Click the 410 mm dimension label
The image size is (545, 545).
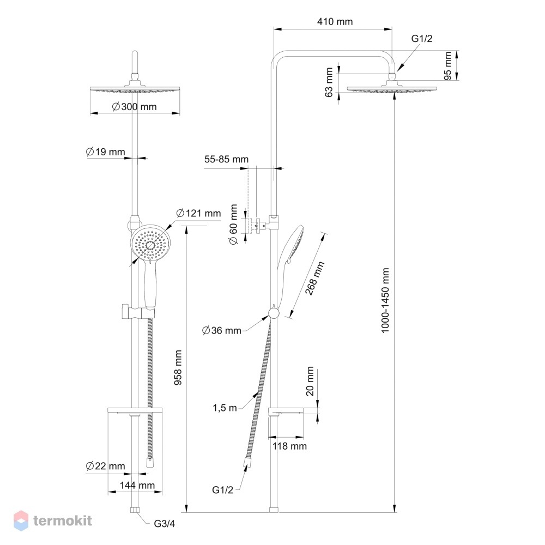(x=335, y=22)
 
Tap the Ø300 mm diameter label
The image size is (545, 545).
(x=135, y=106)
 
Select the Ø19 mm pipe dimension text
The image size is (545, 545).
(x=105, y=152)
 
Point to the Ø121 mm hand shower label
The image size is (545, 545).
(x=198, y=213)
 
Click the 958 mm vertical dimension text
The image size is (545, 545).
(x=178, y=367)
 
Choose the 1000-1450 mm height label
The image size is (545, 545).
(x=385, y=300)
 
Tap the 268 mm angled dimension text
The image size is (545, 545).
(x=314, y=278)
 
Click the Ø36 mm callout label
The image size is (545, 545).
(x=222, y=330)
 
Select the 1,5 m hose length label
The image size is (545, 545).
(x=225, y=408)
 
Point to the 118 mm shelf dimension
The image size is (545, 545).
(x=289, y=446)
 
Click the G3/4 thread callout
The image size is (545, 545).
(x=165, y=523)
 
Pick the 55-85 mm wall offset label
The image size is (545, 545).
(x=226, y=159)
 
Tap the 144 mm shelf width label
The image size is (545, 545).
(x=137, y=485)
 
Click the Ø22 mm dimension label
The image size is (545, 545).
(x=105, y=466)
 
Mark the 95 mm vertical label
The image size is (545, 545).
(x=447, y=66)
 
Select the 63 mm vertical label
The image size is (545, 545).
(x=329, y=82)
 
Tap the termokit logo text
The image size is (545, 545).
(x=63, y=520)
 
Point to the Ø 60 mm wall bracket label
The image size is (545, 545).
(x=234, y=225)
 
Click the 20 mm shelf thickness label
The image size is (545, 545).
(x=310, y=381)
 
